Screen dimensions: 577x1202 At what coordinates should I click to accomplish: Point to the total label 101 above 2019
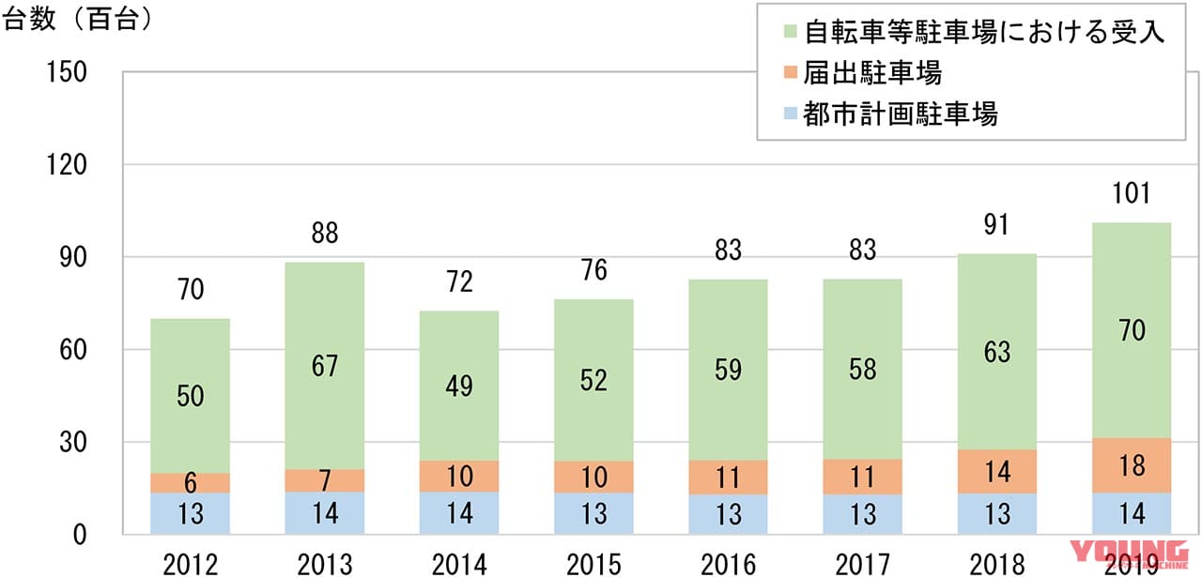tap(1131, 195)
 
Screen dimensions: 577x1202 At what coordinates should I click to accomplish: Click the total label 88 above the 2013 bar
tap(324, 233)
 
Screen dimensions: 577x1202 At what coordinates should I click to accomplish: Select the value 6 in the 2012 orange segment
tap(190, 483)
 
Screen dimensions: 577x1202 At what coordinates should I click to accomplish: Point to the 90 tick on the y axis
tap(72, 257)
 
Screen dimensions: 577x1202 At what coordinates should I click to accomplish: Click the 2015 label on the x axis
tap(593, 563)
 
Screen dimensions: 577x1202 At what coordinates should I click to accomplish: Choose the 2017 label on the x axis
tap(862, 563)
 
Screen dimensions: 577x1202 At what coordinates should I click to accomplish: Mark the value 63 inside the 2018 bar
tap(996, 352)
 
